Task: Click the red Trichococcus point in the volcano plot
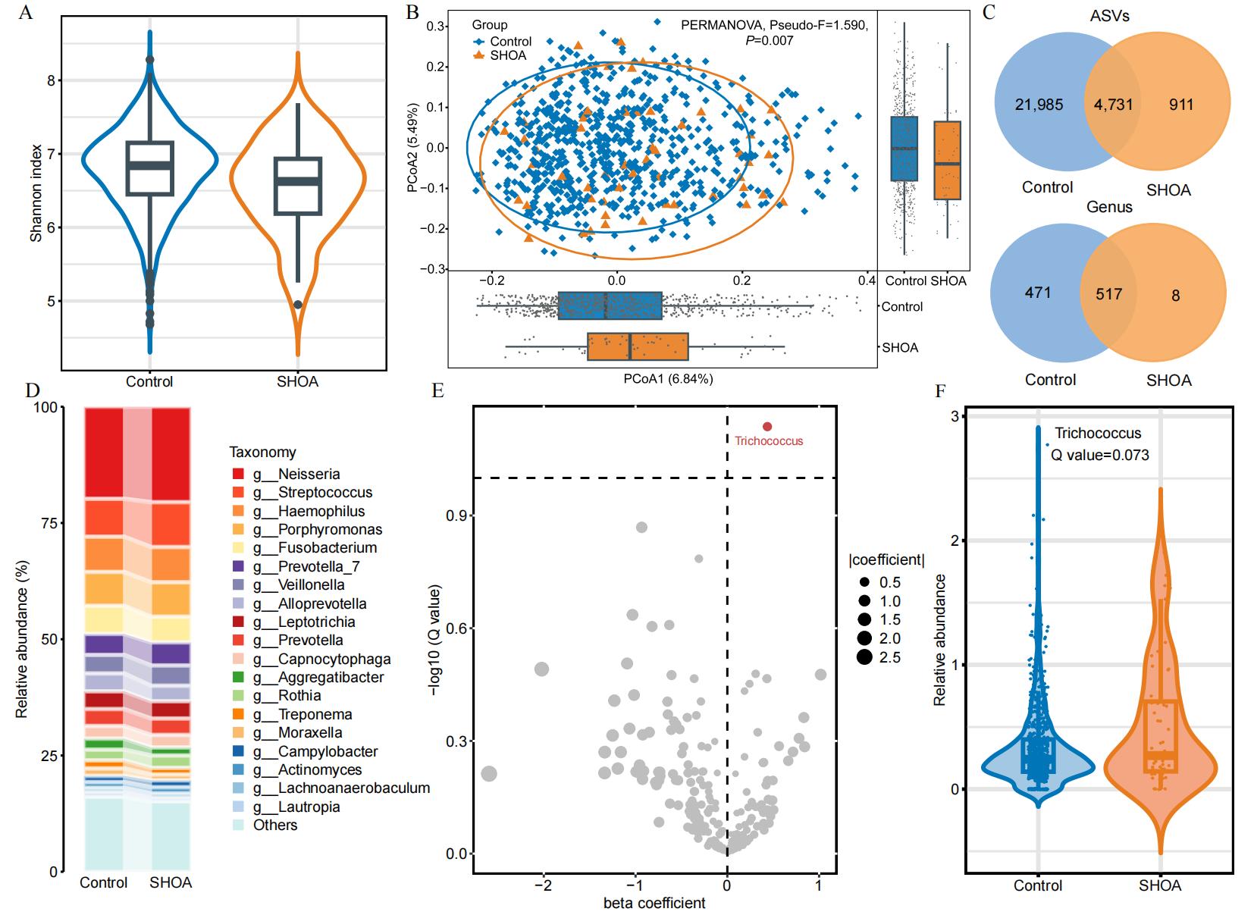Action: click(767, 428)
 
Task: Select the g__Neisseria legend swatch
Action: click(238, 475)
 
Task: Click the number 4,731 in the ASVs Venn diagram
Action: click(1113, 105)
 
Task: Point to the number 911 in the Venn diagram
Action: click(1180, 105)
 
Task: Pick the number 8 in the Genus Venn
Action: click(1175, 296)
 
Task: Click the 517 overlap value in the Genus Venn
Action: click(1108, 294)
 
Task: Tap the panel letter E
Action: click(437, 390)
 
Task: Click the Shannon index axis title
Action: click(36, 193)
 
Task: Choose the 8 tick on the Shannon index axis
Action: click(52, 80)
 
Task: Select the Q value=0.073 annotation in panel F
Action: click(1099, 455)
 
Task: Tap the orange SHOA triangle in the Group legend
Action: click(478, 55)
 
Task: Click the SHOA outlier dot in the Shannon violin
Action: click(298, 305)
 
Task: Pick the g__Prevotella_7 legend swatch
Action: click(238, 566)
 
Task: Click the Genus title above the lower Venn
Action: click(1109, 207)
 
